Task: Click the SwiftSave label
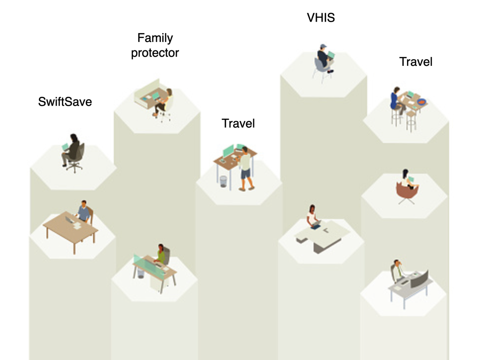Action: pyautogui.click(x=65, y=102)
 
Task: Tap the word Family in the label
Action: pyautogui.click(x=155, y=38)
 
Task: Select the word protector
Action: pyautogui.click(x=155, y=53)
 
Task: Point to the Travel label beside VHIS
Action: pyautogui.click(x=415, y=62)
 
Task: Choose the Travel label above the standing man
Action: pyautogui.click(x=238, y=123)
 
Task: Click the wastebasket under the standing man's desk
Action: pyautogui.click(x=224, y=181)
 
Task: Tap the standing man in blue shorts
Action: pyautogui.click(x=246, y=169)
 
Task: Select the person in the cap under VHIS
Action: pyautogui.click(x=325, y=58)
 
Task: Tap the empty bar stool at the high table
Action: pyautogui.click(x=411, y=119)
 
